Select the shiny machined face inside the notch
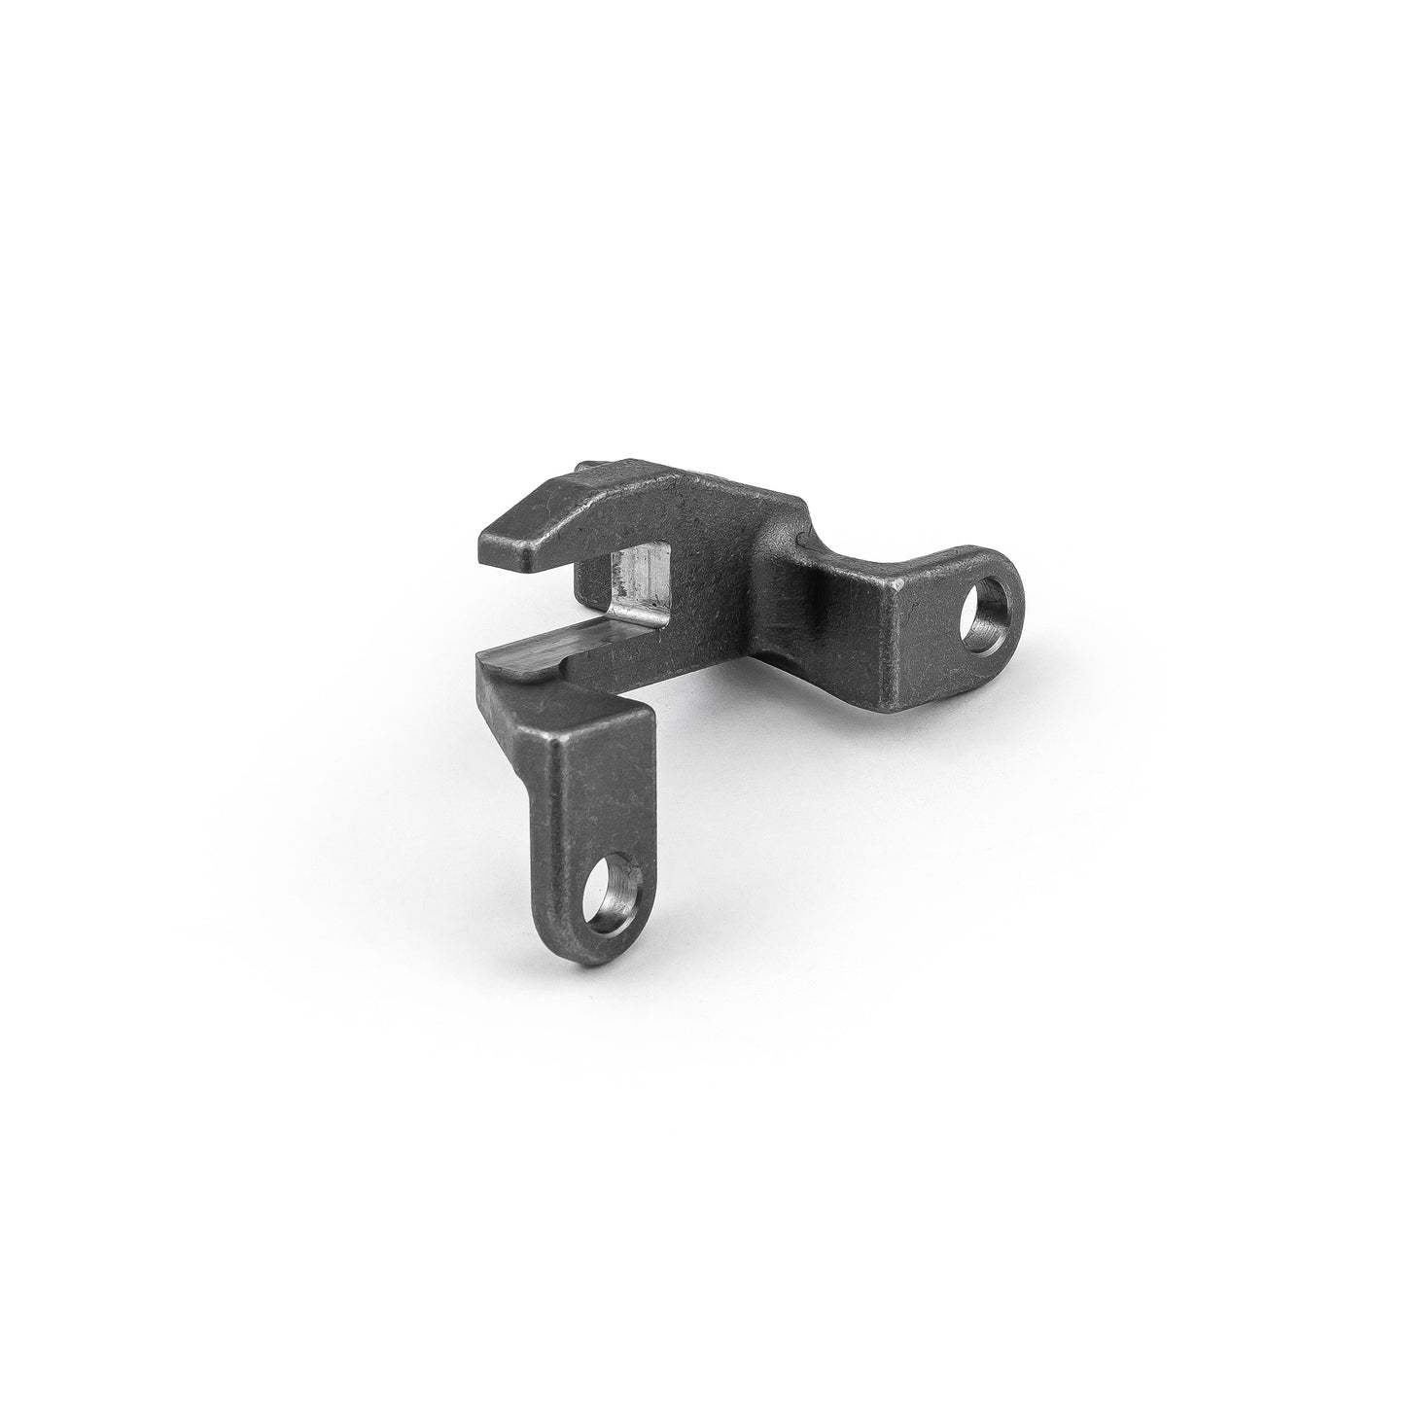point(638,586)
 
